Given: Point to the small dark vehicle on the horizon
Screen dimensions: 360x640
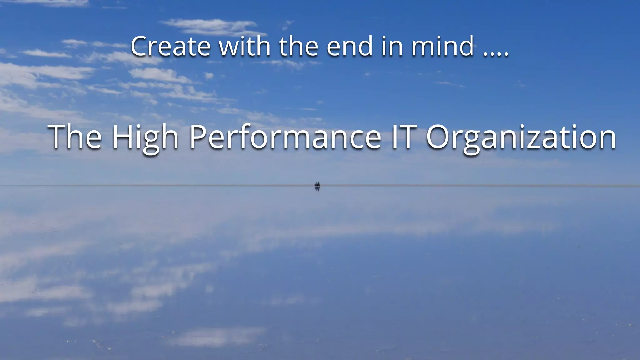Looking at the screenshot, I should tap(317, 185).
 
